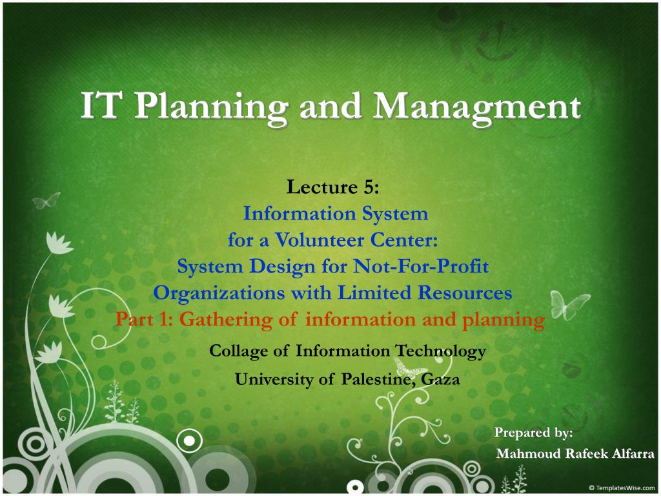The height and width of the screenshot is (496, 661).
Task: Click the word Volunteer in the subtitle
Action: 320,240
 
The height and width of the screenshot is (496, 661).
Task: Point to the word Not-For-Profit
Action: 421,266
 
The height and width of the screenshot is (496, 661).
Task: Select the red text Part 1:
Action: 144,319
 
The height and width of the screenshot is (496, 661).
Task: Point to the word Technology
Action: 440,351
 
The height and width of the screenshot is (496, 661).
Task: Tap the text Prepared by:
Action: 533,433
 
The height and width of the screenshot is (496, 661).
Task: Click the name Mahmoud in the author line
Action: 529,453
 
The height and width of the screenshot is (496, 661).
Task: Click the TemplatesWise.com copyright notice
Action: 622,488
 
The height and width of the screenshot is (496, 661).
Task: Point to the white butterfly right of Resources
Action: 569,305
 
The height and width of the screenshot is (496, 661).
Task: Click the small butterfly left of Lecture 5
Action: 46,201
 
